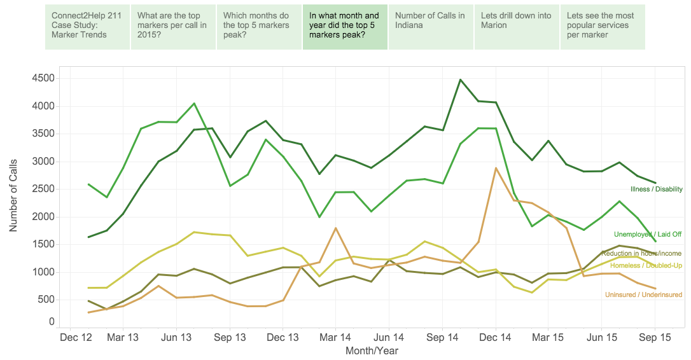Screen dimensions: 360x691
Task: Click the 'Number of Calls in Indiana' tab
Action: (x=431, y=27)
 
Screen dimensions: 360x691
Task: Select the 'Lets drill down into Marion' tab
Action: (x=517, y=27)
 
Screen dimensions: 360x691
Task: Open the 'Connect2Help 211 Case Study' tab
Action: (x=87, y=27)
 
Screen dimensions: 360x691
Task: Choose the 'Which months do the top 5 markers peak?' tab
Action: (x=259, y=27)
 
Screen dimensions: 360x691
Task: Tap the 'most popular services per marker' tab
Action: (x=602, y=27)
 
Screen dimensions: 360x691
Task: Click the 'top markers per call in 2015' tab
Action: (x=173, y=27)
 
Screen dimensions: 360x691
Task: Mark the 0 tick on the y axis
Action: (x=51, y=322)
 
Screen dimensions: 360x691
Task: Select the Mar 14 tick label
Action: (x=336, y=338)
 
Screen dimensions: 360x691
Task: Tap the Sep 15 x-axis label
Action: (x=655, y=338)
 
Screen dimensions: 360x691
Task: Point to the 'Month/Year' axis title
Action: (x=372, y=350)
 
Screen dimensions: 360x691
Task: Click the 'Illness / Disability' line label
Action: (x=656, y=190)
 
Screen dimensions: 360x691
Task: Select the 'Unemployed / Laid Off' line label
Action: (x=648, y=235)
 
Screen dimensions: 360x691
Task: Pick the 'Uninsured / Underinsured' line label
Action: (x=643, y=295)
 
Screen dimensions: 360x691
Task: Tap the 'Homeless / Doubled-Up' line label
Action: (x=646, y=265)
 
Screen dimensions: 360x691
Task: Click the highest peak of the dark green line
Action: (x=460, y=80)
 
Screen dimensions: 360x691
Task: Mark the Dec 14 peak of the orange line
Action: (x=496, y=168)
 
